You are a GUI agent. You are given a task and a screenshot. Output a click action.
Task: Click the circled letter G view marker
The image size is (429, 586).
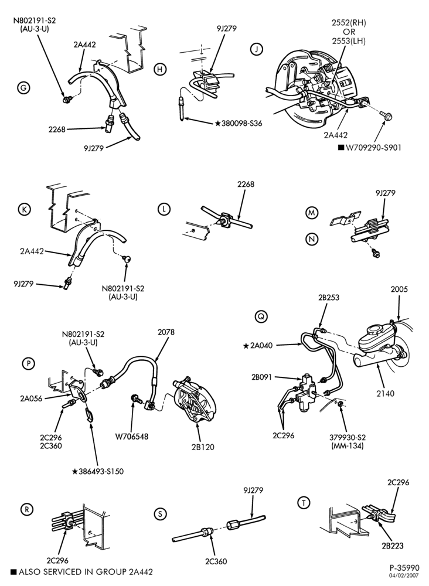point(23,88)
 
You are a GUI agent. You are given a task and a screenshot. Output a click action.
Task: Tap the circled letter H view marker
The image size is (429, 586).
point(160,69)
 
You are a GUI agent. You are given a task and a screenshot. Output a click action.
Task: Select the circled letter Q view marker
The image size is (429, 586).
point(261,317)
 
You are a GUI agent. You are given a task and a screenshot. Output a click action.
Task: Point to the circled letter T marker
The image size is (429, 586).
point(304,503)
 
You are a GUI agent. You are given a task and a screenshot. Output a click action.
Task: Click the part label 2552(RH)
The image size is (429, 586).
point(349,23)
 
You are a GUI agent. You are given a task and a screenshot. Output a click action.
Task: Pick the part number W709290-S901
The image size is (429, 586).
point(373,148)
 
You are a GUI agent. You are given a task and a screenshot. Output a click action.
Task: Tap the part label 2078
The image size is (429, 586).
point(166,332)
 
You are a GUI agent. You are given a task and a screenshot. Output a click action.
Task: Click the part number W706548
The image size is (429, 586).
point(131,437)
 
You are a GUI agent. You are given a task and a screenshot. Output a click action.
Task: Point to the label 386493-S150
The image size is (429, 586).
point(101,472)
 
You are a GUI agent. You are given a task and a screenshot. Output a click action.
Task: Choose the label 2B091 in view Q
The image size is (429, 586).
point(261,377)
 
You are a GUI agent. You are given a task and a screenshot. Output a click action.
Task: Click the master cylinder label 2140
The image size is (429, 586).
point(385,394)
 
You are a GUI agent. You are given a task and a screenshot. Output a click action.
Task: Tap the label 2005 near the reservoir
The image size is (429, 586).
point(400,289)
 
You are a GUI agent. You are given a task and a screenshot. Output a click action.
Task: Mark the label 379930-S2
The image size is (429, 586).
point(348,438)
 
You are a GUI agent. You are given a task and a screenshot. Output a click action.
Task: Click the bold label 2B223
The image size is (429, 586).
point(393,546)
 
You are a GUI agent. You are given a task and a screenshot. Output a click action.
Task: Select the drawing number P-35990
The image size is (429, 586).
point(404,568)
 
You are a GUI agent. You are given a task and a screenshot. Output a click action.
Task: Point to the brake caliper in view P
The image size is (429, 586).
point(195,401)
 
